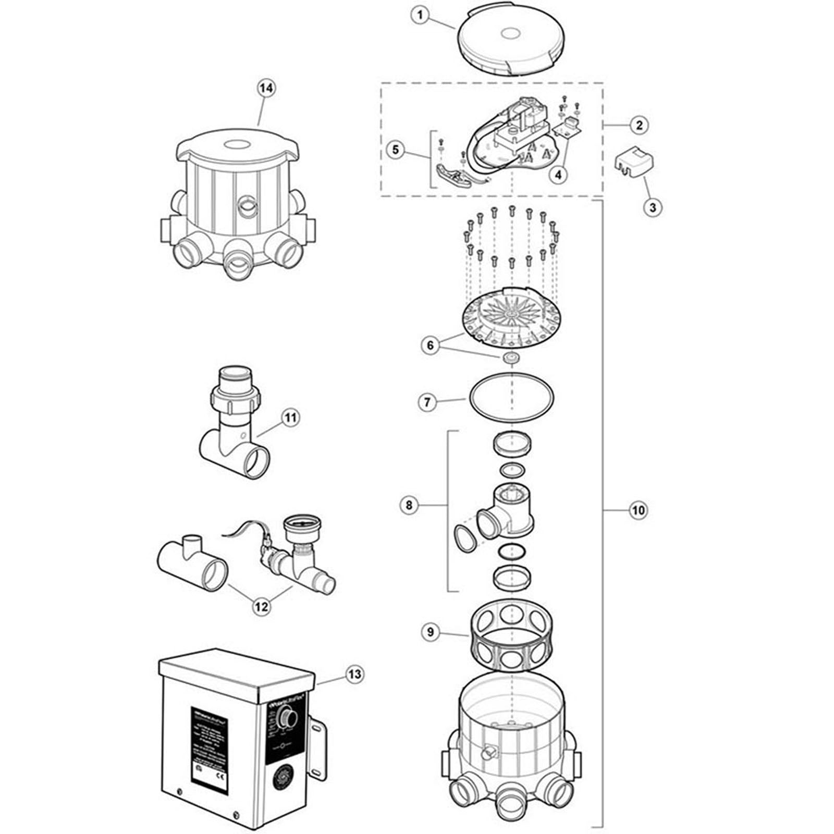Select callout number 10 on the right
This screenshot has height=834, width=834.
click(638, 510)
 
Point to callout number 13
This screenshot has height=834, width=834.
click(354, 674)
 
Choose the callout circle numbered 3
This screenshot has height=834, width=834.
click(653, 207)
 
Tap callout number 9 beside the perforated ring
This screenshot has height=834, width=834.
click(430, 632)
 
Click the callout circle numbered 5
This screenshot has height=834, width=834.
click(395, 150)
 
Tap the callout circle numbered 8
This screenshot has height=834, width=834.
click(409, 505)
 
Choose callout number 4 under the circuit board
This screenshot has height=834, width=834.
click(558, 175)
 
